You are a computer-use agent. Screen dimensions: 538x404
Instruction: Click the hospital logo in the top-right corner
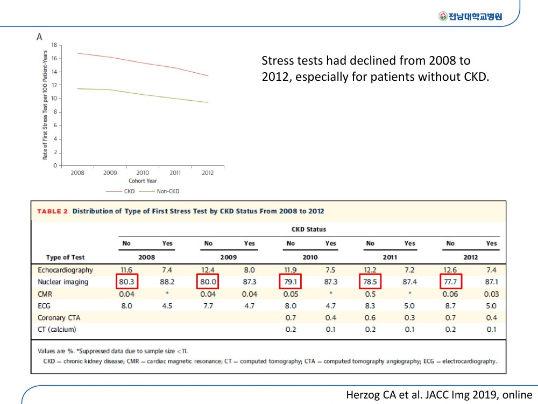(470, 16)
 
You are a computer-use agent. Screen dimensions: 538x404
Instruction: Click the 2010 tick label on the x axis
(143, 173)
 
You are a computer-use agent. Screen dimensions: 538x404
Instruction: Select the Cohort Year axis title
(143, 180)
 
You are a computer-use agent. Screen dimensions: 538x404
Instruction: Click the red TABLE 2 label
(52, 211)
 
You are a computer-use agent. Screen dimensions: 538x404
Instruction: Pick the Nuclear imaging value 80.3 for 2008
(126, 282)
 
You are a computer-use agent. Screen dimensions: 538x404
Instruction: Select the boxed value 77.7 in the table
(450, 282)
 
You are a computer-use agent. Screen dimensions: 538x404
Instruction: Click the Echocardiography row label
(65, 270)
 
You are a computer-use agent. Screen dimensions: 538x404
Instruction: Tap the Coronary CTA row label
(59, 318)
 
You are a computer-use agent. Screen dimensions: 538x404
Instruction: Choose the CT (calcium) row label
(56, 330)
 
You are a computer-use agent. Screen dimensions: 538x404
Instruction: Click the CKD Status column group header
(309, 229)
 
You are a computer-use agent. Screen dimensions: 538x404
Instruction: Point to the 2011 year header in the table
(390, 257)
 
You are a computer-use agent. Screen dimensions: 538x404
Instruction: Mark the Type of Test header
(65, 257)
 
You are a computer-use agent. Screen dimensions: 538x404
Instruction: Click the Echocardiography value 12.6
(450, 270)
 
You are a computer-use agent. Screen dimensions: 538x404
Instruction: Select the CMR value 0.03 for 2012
(491, 294)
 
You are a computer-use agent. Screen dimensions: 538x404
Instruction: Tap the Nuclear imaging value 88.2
(167, 282)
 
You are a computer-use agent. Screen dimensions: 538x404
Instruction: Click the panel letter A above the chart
(39, 37)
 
